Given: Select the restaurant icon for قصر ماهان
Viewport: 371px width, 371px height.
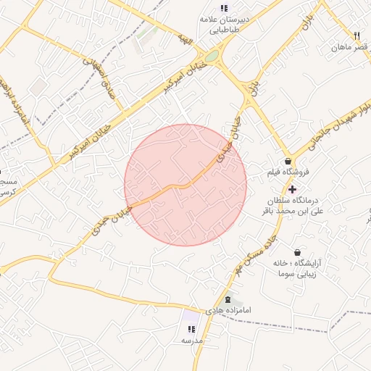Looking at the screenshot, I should tap(357, 36).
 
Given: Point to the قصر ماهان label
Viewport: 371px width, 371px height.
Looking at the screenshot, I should tap(346, 47).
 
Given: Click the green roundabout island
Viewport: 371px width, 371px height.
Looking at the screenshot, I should tap(211, 56).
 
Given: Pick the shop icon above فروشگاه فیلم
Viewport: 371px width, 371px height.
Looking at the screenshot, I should tap(288, 161).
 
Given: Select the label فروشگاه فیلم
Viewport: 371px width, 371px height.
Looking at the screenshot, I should tap(288, 172).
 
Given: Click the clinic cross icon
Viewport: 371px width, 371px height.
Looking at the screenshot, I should tap(292, 188).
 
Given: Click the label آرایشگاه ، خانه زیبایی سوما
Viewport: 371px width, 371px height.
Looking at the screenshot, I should tap(296, 269).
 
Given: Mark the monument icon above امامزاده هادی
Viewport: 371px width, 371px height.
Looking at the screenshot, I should tap(228, 299).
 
